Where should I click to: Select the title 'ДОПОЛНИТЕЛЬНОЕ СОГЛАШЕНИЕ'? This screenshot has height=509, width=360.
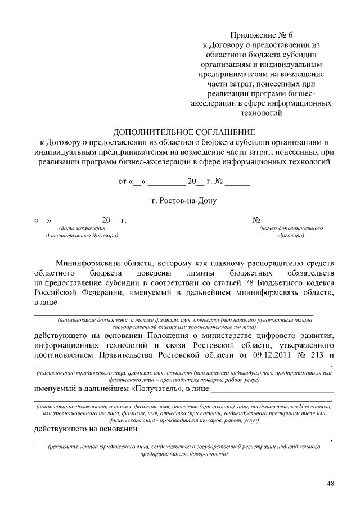tap(184, 132)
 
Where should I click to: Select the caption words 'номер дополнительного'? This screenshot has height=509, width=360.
tap(291, 229)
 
